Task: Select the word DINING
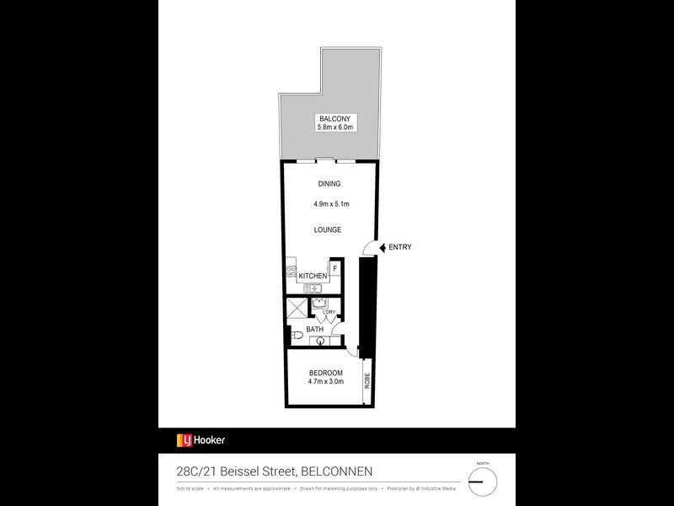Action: (x=329, y=184)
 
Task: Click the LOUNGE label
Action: (x=328, y=229)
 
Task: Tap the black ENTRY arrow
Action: (x=382, y=247)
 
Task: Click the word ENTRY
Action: (x=400, y=247)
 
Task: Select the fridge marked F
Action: (x=334, y=269)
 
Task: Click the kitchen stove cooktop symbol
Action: (x=291, y=274)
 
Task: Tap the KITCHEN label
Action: (x=313, y=276)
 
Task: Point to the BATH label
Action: (x=315, y=329)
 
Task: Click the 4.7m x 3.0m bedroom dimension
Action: (x=326, y=382)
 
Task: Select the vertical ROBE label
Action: (x=367, y=379)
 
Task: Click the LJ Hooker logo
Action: (x=201, y=439)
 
